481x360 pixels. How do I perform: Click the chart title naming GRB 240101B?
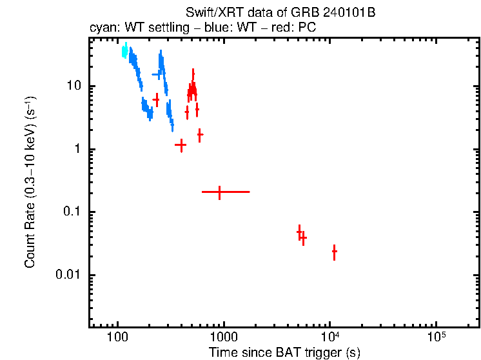coord(280,13)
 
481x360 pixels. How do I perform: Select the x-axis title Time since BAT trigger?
coord(284,352)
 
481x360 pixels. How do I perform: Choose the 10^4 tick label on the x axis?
coord(330,337)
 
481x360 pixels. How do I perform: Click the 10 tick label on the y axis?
coord(72,86)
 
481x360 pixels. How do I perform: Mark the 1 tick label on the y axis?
coord(77,149)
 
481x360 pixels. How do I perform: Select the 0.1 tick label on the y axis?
coord(72,212)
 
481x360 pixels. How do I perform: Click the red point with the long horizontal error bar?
coord(220,192)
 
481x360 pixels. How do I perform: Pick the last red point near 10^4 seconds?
coord(334,252)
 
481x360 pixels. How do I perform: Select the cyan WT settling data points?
coord(124,52)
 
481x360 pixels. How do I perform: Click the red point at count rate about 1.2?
coord(181,145)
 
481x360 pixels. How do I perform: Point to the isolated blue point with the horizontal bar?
coord(156,75)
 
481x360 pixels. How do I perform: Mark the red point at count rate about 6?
coord(156,100)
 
